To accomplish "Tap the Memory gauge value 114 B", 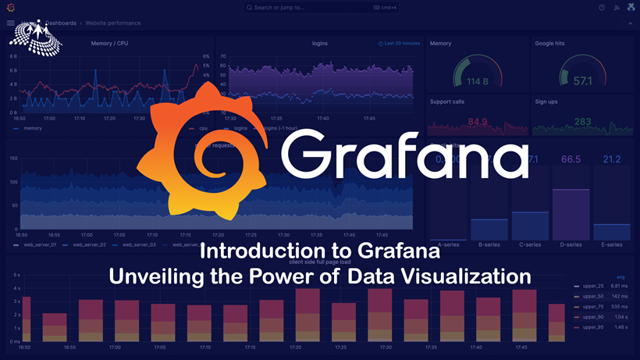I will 477,81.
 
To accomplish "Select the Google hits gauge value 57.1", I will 582,81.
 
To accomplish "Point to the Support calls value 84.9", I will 478,122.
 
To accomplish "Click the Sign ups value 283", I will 582,122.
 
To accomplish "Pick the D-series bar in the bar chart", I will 571,214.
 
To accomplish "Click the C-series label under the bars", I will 530,244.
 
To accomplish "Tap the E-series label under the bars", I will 612,244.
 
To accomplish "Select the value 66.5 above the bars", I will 571,160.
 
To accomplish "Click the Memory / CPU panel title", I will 109,43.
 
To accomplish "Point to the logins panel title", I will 320,43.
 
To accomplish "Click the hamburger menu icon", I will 10,23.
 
